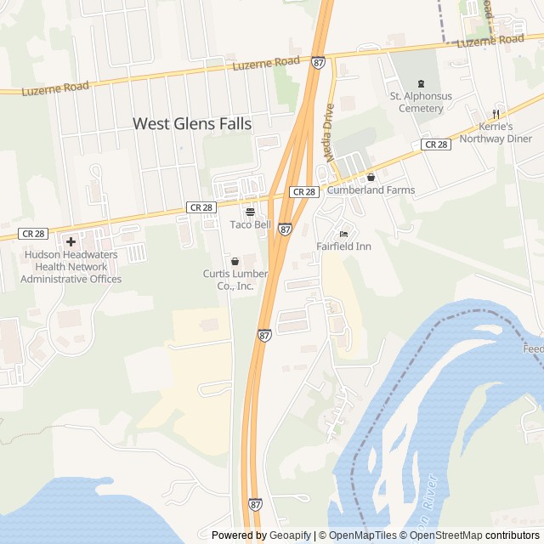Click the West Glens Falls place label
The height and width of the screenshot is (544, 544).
192,124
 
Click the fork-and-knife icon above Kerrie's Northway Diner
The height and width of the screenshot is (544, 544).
496,114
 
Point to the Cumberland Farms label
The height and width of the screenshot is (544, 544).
371,190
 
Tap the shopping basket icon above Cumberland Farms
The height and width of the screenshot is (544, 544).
371,177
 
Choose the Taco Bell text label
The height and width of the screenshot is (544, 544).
250,224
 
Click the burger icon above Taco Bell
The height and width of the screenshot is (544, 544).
250,211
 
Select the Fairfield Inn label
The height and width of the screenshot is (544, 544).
343,247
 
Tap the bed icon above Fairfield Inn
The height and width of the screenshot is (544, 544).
343,234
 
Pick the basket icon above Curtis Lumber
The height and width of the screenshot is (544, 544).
235,261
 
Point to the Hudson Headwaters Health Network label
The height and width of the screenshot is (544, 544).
71,266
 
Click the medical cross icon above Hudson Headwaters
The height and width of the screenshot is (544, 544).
71,241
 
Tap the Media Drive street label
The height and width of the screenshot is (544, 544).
329,133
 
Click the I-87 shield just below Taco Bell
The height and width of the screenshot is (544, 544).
286,229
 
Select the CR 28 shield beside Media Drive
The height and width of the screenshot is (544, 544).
304,192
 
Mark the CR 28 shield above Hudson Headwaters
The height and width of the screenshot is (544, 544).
34,233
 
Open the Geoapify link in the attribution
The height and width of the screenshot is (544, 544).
290,535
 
